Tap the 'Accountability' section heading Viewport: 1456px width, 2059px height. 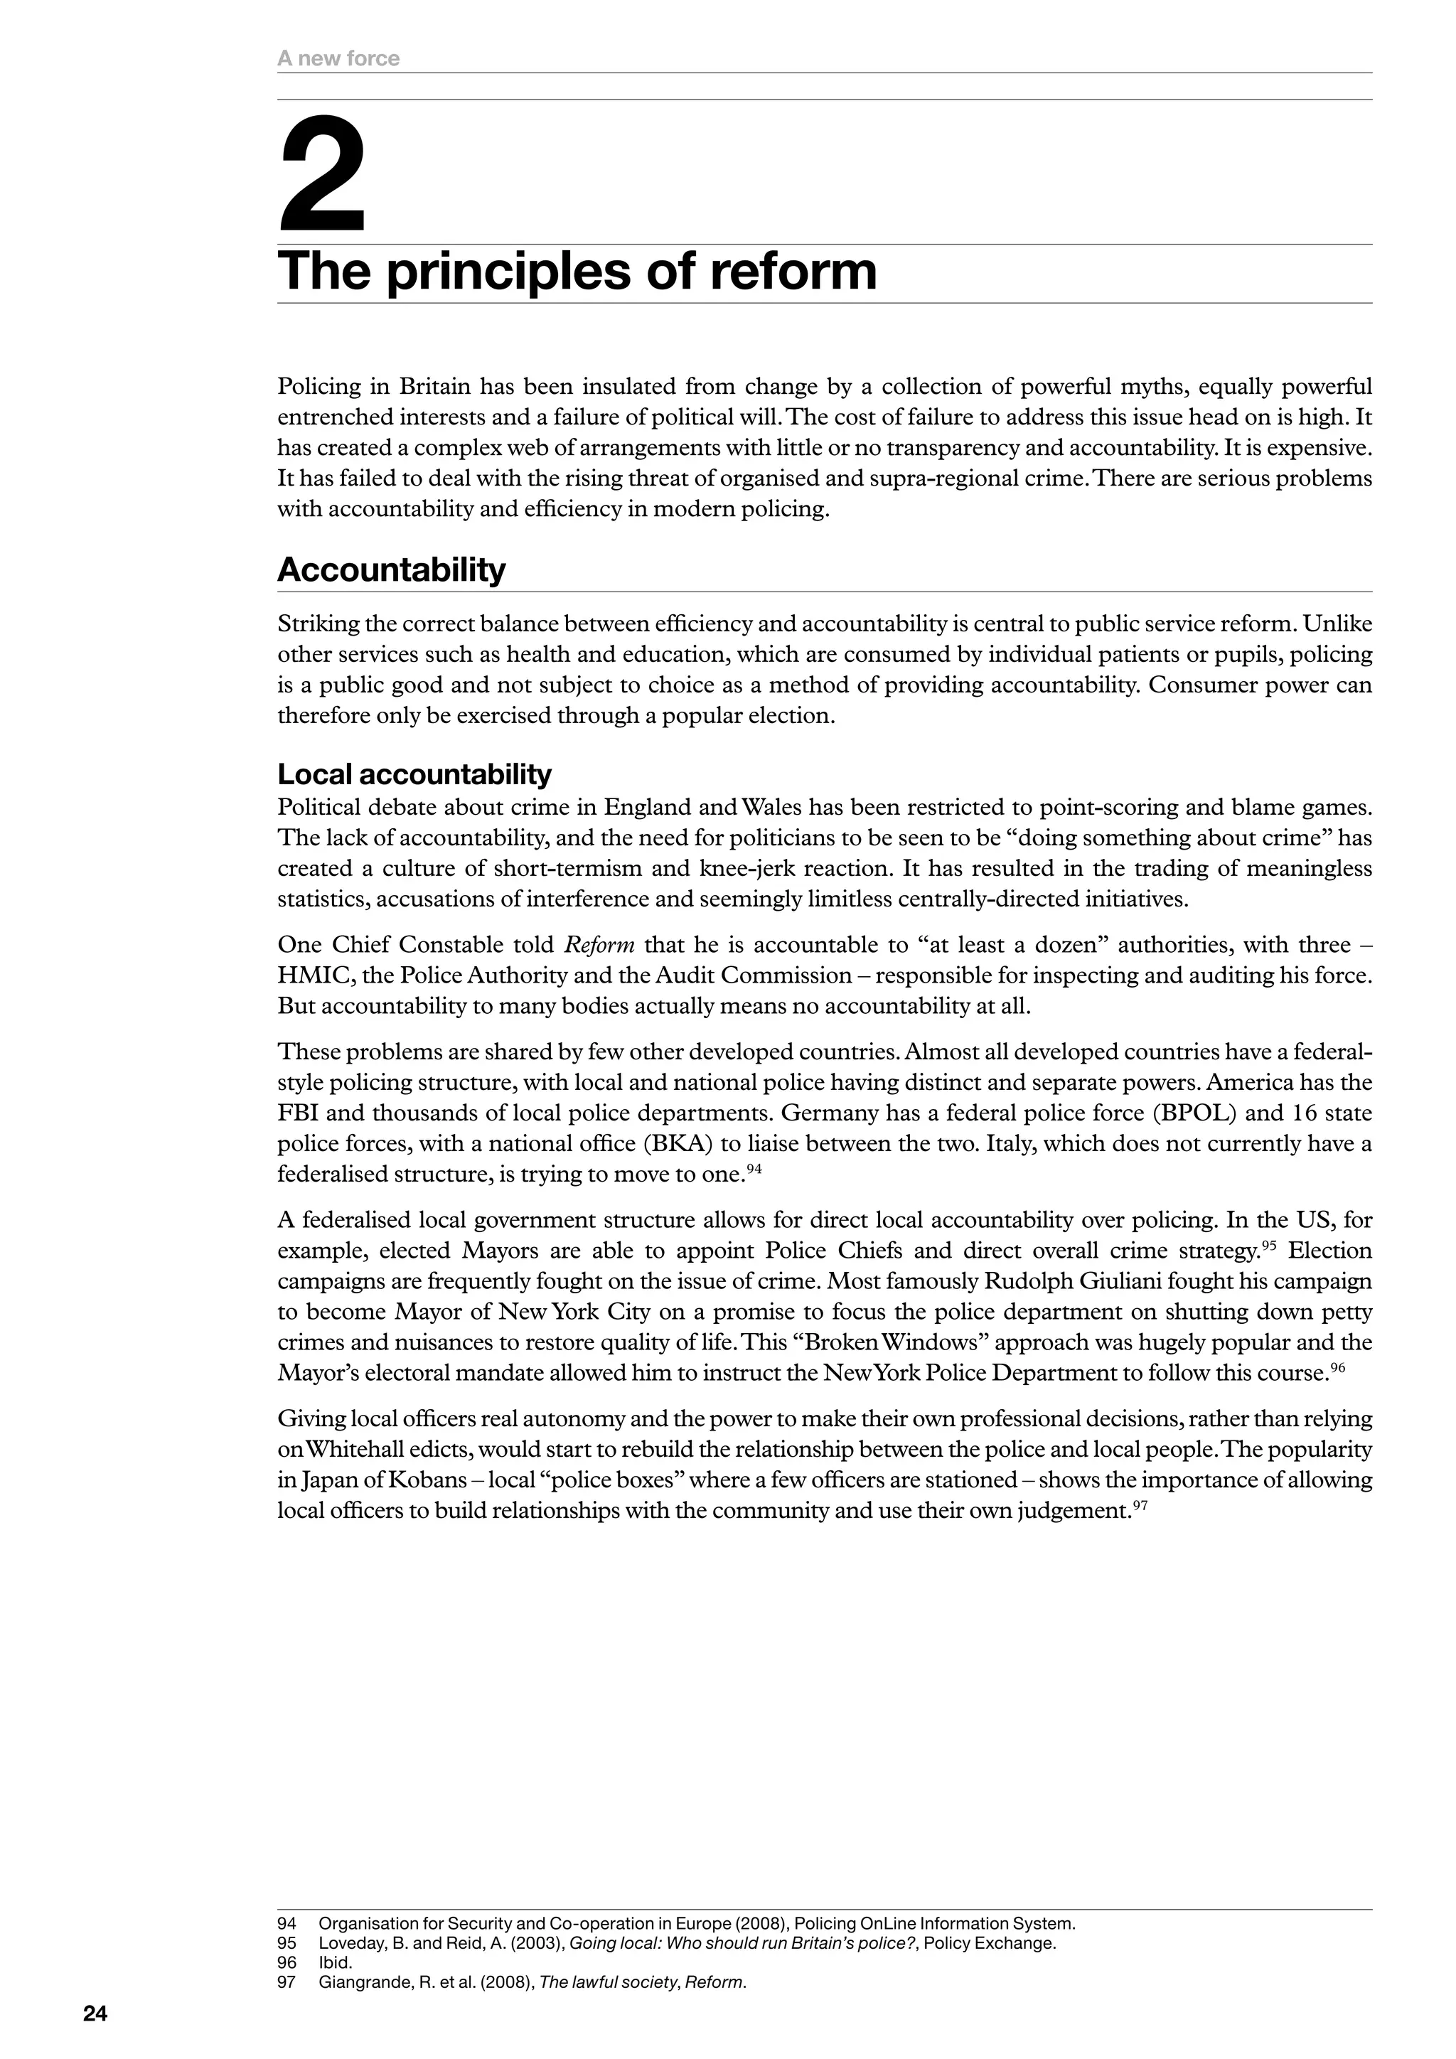click(391, 570)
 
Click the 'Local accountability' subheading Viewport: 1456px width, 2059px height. click(414, 774)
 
